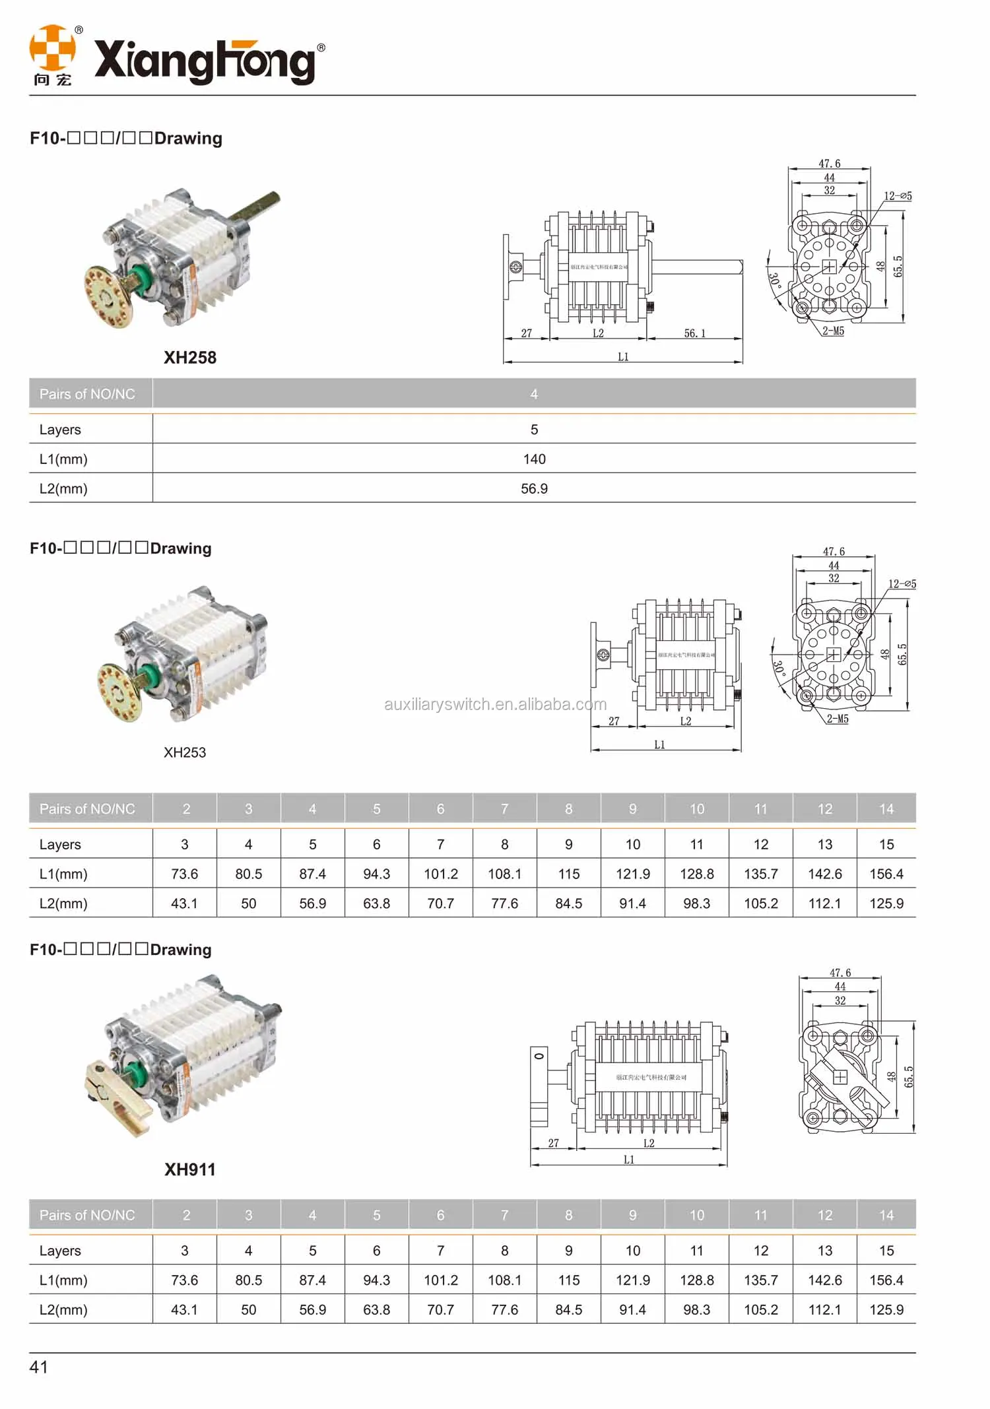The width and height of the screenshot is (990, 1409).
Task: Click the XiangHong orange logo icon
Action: coord(52,48)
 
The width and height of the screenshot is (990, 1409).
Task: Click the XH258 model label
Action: coord(190,358)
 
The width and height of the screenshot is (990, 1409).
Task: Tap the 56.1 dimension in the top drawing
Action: coord(694,333)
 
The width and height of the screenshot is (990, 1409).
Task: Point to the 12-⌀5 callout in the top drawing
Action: coord(898,196)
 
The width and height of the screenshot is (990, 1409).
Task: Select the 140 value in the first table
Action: coord(534,459)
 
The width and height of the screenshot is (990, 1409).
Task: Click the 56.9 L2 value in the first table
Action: coord(534,489)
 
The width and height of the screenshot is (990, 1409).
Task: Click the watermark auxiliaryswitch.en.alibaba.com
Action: coord(495,704)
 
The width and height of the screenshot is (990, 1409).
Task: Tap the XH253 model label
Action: coord(185,752)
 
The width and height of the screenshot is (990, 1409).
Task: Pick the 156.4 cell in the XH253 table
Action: coord(886,874)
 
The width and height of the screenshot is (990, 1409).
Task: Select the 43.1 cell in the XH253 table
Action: coord(184,903)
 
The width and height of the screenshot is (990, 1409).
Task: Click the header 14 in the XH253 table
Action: coord(886,809)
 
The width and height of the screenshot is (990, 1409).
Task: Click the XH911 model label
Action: coord(190,1169)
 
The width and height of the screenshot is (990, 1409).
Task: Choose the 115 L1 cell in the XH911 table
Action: coord(568,1280)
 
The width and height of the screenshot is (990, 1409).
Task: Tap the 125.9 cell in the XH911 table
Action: coord(886,1310)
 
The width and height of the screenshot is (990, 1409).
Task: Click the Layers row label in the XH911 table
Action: coord(60,1251)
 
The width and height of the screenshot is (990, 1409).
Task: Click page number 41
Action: coord(38,1367)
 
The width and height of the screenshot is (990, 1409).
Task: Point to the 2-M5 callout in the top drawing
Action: coord(833,331)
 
